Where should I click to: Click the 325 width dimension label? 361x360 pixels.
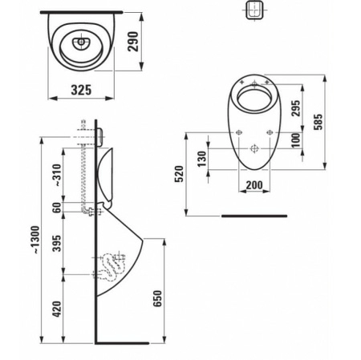point(81,90)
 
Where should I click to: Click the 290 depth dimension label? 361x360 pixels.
point(133,42)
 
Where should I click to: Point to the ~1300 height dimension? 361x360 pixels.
point(35,240)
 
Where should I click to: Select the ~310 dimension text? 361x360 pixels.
point(57,176)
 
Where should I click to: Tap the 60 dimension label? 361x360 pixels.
point(57,208)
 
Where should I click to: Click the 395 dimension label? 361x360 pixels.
point(57,244)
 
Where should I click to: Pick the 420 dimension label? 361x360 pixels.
point(57,309)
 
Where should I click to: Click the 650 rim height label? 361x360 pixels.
point(157,298)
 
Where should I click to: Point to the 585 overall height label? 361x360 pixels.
point(318,122)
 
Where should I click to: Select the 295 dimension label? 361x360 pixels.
point(295,108)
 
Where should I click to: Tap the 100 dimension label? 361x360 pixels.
point(296,140)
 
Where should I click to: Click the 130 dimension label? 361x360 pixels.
point(202,159)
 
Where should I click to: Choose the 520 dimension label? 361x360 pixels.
point(179,174)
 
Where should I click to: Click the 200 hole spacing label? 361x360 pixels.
point(254,185)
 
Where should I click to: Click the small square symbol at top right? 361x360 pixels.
point(254,10)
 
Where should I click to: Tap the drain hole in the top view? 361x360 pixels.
point(81,42)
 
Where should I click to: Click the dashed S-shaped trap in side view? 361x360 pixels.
point(112,266)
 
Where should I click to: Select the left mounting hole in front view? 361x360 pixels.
point(239,132)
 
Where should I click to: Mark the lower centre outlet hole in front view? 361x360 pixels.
point(254,148)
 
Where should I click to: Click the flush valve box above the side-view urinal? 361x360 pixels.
point(100,137)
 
